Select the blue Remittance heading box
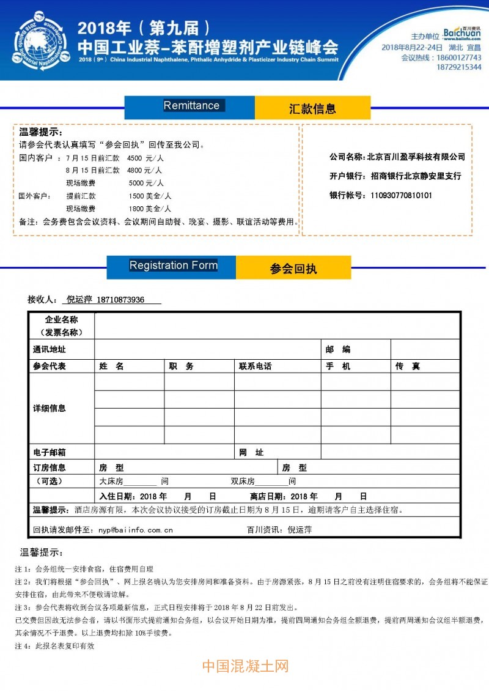(x=190, y=106)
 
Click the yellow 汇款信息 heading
(x=312, y=109)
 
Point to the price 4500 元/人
(x=145, y=158)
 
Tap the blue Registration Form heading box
(x=172, y=266)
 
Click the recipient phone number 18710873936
(x=120, y=300)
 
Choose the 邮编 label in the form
(x=338, y=349)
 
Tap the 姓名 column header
(x=111, y=366)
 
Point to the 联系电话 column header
(x=255, y=366)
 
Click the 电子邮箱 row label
(x=50, y=452)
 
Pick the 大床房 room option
(x=111, y=482)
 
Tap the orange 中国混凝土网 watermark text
(x=244, y=666)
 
